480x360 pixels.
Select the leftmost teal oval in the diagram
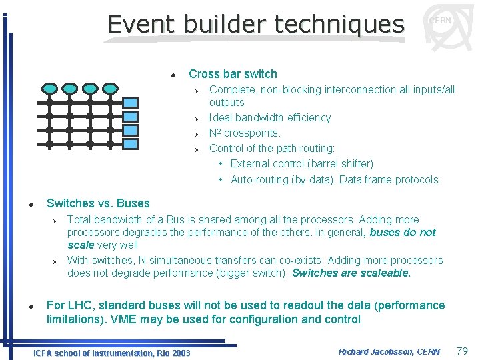(49, 88)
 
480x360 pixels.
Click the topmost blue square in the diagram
(131, 103)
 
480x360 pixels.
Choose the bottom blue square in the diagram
(131, 143)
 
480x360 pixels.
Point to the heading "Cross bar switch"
(233, 74)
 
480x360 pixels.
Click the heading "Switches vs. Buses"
(98, 203)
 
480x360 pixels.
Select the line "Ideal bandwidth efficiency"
(269, 118)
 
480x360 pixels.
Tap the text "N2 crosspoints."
(245, 133)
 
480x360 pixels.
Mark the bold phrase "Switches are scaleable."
(351, 273)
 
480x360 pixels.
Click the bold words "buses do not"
(403, 233)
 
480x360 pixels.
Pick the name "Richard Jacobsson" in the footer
(375, 351)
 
